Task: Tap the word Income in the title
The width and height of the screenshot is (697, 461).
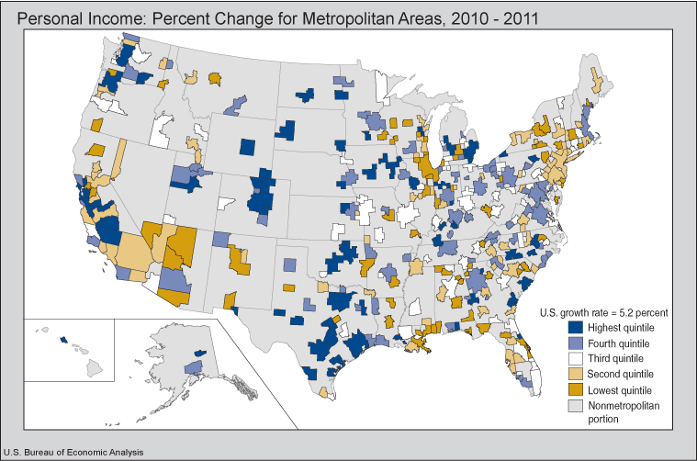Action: (112, 17)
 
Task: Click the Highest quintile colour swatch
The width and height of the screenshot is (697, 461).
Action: (575, 327)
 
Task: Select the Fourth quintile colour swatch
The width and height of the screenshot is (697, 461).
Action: (575, 343)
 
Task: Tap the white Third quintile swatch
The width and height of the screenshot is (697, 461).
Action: (575, 358)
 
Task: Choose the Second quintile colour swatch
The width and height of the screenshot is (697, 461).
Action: (575, 374)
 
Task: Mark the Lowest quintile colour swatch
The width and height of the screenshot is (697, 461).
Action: (575, 389)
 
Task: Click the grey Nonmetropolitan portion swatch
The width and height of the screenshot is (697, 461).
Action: (575, 405)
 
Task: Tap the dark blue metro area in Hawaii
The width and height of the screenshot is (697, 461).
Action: (63, 340)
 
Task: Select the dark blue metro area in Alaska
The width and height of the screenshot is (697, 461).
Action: (199, 352)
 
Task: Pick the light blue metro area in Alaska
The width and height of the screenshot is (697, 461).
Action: (192, 367)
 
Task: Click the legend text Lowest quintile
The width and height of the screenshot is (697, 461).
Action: (624, 389)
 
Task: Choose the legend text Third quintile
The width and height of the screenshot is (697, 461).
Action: (621, 358)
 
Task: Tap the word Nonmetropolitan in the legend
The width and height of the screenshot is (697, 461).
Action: (631, 405)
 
